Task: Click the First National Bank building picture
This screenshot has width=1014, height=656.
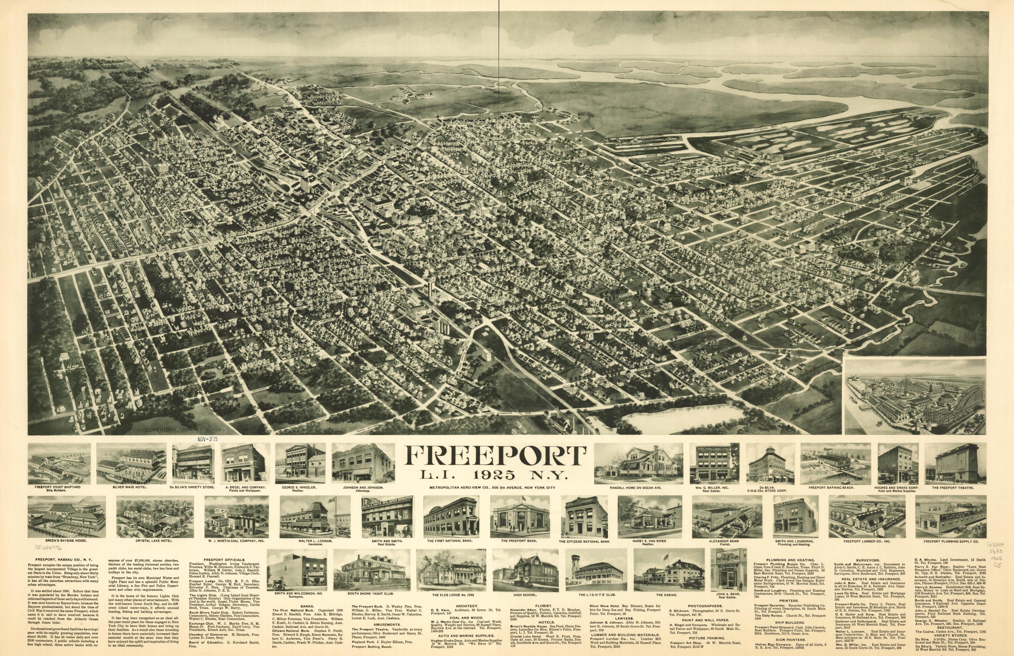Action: coord(451,516)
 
